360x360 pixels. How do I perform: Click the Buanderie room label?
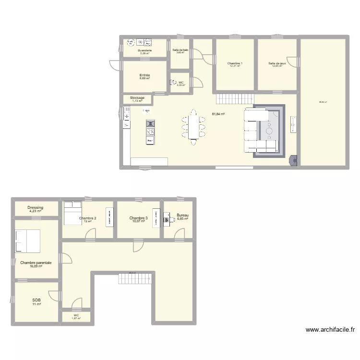click(144, 50)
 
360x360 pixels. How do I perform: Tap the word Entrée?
click(144, 75)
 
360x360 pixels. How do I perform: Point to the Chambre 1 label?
click(235, 63)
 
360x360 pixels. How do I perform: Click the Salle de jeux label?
click(277, 63)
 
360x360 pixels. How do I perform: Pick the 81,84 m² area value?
click(218, 114)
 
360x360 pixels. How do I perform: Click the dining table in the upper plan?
click(193, 124)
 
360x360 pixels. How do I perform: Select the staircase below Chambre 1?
click(233, 99)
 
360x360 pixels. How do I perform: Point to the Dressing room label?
click(35, 208)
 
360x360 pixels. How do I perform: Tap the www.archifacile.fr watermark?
click(330, 330)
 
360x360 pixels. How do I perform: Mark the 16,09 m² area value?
click(36, 266)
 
